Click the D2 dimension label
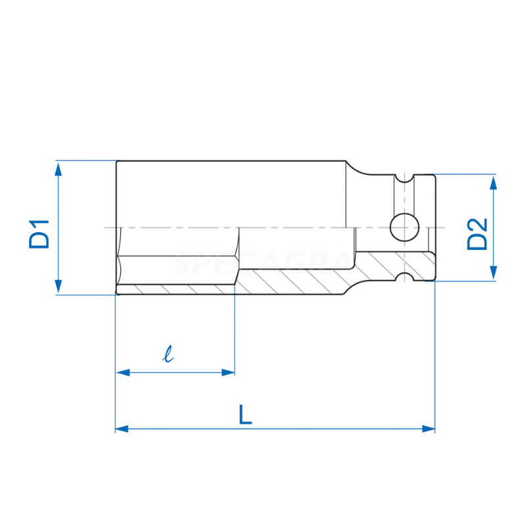pyautogui.click(x=478, y=233)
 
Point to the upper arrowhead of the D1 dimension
pyautogui.click(x=59, y=168)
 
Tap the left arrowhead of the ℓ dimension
pyautogui.click(x=122, y=372)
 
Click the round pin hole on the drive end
pyautogui.click(x=404, y=227)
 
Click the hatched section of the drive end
pyautogui.click(x=394, y=264)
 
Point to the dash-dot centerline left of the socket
pyautogui.click(x=109, y=227)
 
